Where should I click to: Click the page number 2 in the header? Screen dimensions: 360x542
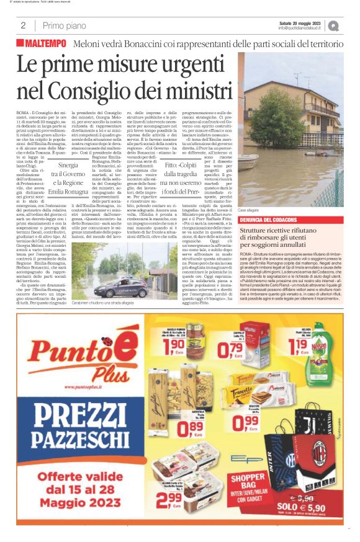click(23, 25)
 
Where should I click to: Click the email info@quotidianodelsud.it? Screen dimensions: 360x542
click(299, 28)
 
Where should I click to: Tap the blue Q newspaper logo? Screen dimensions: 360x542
click(334, 26)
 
